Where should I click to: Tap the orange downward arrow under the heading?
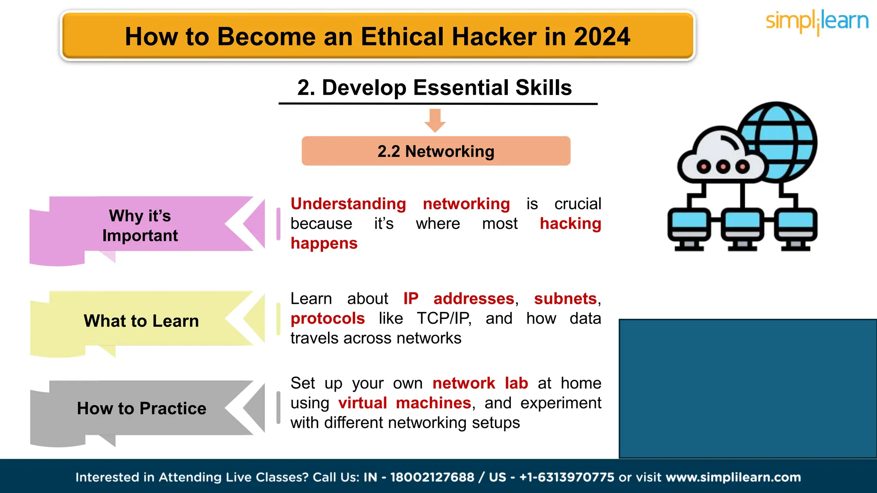coord(435,120)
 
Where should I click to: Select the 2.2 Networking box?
coord(436,151)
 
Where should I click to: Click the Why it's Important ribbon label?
coord(140,226)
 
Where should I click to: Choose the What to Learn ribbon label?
coord(141,321)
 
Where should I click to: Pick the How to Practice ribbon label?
coord(141,408)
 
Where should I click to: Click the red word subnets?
coord(565,299)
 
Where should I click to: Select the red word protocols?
coord(328,318)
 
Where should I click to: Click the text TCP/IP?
coord(444,318)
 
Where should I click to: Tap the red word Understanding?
coord(348,204)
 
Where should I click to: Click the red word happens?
coord(324,244)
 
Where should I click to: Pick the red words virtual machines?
coord(404,403)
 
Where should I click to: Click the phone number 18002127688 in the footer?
coord(432,477)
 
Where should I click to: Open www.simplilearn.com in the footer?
coord(733,477)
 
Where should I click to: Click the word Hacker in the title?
coord(494,37)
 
